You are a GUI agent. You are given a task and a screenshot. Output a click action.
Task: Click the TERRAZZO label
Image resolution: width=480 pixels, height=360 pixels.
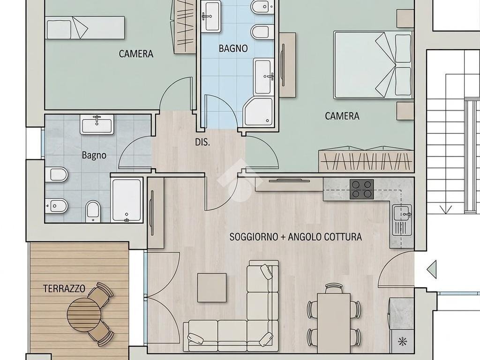coord(64,289)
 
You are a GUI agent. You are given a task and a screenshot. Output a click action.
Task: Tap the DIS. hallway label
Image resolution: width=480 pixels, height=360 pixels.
coord(202,142)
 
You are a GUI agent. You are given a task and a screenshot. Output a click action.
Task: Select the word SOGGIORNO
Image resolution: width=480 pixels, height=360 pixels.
coord(254,237)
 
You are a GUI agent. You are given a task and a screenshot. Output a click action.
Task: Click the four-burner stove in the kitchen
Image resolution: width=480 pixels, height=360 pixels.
coord(362,189)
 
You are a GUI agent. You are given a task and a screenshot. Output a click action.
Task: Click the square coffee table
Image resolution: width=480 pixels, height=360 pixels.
coord(212,288)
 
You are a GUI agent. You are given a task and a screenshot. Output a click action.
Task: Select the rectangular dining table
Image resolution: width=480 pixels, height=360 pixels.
coord(334,323)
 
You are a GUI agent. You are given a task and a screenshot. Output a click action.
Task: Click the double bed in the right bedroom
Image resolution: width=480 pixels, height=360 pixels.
coord(372,65)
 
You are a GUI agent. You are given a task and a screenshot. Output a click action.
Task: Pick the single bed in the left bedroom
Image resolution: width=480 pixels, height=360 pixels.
coord(85,28)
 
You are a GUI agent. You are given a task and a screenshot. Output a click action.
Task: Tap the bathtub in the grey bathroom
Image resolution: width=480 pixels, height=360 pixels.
coord(127,200)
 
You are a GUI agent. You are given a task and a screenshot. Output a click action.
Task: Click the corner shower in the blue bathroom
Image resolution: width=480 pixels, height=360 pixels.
coord(258,112)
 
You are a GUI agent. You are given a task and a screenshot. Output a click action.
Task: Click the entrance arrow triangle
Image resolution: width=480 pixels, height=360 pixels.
coord(432,270)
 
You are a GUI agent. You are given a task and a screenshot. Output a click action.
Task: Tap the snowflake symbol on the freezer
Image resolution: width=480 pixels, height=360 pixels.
coord(401,341)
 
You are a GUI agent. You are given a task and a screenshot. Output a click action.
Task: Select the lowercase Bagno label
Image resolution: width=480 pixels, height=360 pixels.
coord(94,155)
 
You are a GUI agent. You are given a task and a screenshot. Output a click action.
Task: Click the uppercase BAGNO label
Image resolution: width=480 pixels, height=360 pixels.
coord(233,48)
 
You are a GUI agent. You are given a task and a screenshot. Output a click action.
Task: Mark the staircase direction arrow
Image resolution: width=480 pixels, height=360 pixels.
coord(446,210)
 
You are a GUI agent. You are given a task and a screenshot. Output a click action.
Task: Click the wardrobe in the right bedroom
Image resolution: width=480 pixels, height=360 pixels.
coord(366,159)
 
